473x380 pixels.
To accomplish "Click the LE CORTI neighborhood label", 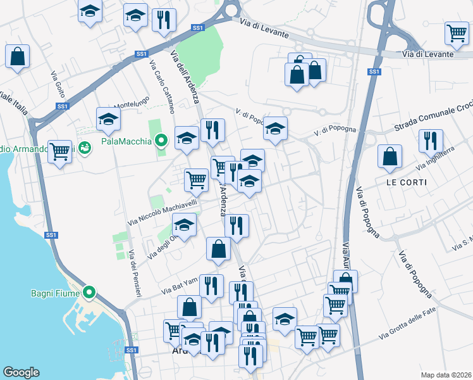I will click(x=406, y=182).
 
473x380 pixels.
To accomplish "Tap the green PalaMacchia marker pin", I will click(x=161, y=141).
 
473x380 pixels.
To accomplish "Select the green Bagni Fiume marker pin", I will click(x=89, y=293).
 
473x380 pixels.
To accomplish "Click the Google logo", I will click(x=21, y=372).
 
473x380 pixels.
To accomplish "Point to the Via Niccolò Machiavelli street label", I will click(x=163, y=212).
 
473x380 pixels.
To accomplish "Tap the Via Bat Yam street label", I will click(x=180, y=289).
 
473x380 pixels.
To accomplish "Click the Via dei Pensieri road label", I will click(x=135, y=273).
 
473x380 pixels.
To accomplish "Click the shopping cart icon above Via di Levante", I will click(x=456, y=33).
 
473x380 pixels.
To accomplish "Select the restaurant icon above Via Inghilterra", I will click(x=431, y=141).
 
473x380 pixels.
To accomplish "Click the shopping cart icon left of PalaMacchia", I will click(x=59, y=151).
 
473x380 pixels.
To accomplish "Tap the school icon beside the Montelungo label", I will click(x=108, y=118).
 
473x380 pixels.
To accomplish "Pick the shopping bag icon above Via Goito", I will click(x=18, y=56).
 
